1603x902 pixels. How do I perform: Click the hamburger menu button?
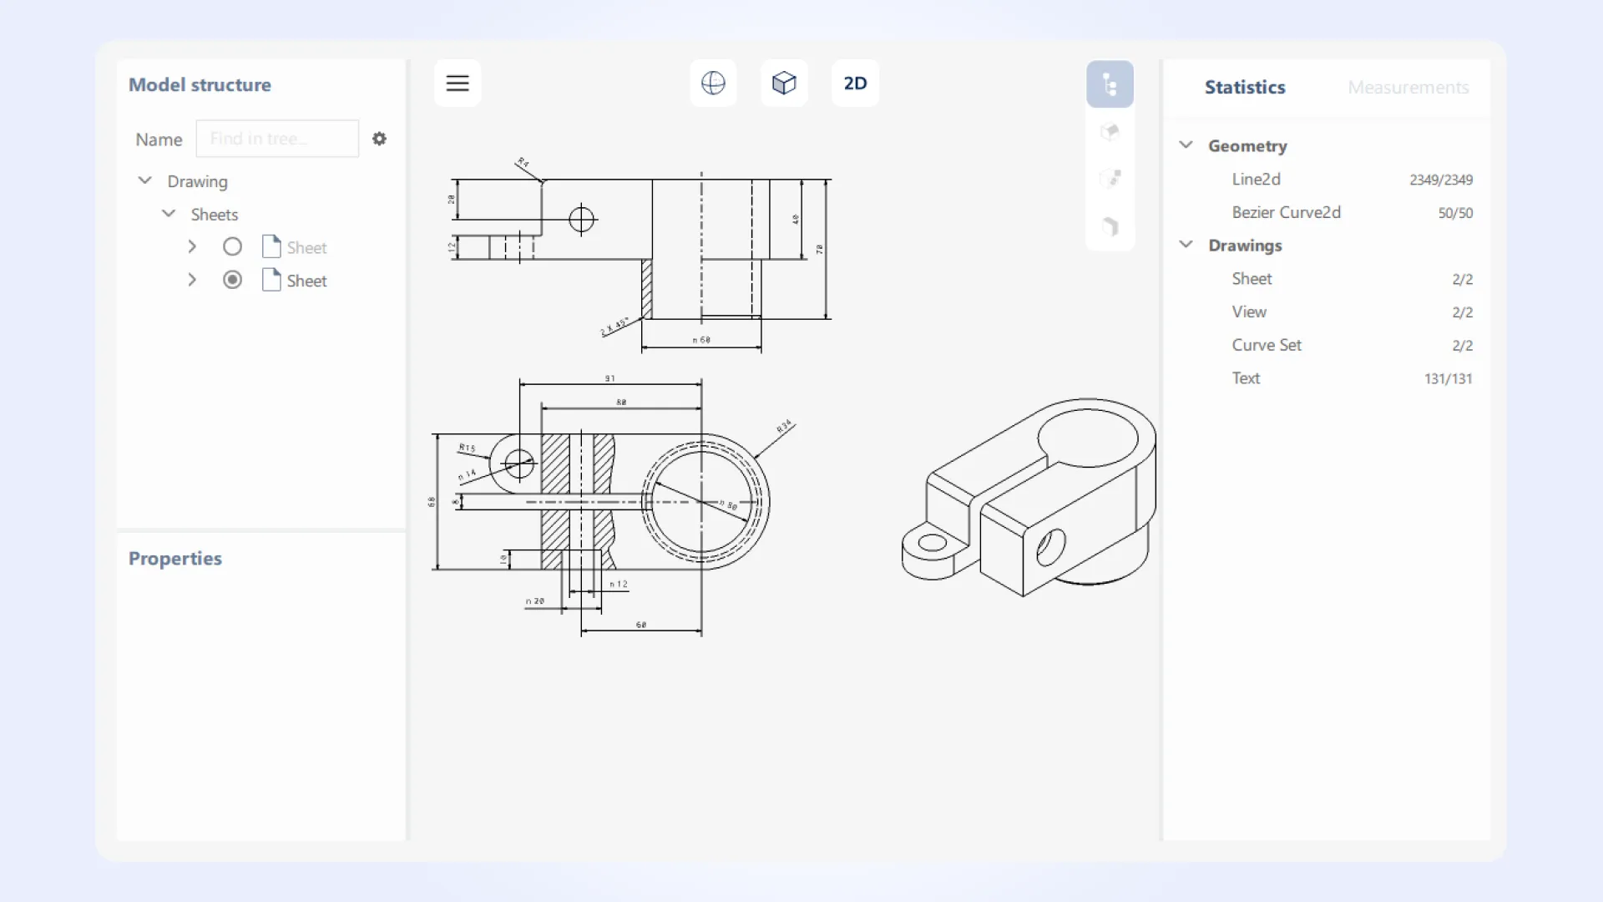point(457,84)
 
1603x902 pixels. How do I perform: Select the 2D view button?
point(855,84)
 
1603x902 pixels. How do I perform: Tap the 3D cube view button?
point(784,84)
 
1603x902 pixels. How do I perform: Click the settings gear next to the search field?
point(379,139)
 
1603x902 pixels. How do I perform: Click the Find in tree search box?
point(277,139)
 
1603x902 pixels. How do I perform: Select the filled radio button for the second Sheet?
point(232,281)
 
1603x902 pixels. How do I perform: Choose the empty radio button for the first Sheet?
point(232,247)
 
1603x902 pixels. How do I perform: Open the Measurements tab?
point(1408,88)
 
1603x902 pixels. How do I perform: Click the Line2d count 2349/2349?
point(1440,180)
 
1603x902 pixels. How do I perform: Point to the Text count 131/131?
point(1448,379)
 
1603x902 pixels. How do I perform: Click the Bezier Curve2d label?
point(1286,213)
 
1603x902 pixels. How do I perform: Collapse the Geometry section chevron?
point(1186,145)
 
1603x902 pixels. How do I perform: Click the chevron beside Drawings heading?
point(1186,245)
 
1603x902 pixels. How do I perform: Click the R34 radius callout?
point(784,426)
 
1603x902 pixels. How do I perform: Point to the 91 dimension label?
point(609,378)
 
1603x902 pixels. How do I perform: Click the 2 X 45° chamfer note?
point(614,327)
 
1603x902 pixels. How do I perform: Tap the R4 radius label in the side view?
point(523,162)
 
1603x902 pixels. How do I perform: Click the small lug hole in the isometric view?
point(932,544)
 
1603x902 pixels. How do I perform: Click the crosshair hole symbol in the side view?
point(581,220)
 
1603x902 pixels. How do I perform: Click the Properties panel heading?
point(175,559)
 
